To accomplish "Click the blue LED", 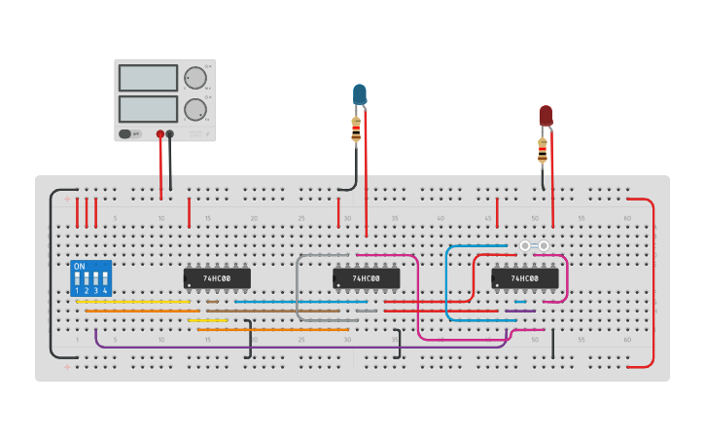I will [x=359, y=94].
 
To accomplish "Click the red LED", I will [x=546, y=116].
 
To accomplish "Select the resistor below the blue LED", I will [x=356, y=129].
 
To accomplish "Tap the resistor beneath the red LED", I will [x=543, y=150].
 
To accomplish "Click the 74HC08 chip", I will [x=524, y=278].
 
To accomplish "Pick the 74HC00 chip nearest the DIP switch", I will [x=217, y=278].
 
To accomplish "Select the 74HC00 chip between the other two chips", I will [x=367, y=278].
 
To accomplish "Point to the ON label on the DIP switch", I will [x=80, y=266].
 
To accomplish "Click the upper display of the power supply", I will [x=148, y=78].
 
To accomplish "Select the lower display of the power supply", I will [x=148, y=107].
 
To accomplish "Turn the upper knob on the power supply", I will [x=195, y=78].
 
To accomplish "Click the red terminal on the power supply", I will [x=160, y=134].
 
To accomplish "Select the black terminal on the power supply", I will [x=170, y=134].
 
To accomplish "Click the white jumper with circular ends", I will [x=534, y=246].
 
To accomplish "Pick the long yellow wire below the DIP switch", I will [x=132, y=302].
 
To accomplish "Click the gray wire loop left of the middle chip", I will [x=299, y=287].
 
